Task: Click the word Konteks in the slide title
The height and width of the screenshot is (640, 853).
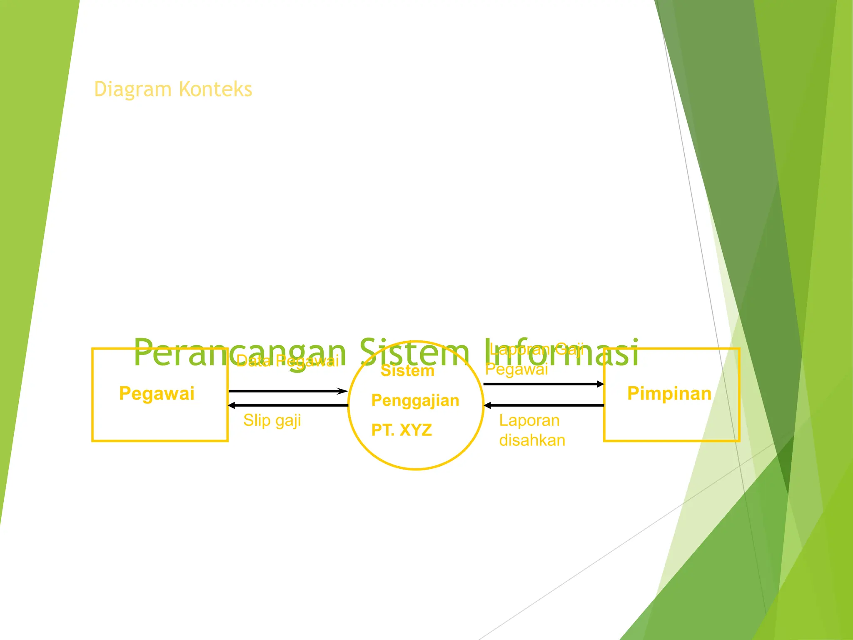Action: click(x=215, y=89)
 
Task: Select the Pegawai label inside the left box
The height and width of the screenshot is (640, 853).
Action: click(x=157, y=393)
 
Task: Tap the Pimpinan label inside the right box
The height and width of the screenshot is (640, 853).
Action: click(x=669, y=393)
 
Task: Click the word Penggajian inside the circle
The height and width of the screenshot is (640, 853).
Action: click(x=415, y=400)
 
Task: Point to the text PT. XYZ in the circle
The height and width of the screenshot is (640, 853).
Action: click(x=402, y=430)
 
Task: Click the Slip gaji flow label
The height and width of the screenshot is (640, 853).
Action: click(x=272, y=420)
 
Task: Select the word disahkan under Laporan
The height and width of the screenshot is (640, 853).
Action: click(x=532, y=440)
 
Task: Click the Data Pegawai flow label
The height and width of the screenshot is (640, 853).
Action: click(x=287, y=361)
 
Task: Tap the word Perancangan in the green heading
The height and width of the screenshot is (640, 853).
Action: click(x=239, y=352)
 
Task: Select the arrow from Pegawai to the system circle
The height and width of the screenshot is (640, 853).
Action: click(x=287, y=391)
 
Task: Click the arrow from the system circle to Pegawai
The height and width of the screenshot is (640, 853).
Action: click(x=287, y=405)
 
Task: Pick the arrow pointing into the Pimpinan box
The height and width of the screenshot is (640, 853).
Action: click(x=544, y=384)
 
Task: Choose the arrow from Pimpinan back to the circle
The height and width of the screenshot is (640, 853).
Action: click(x=544, y=405)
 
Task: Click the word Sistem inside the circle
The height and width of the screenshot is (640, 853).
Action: click(x=407, y=371)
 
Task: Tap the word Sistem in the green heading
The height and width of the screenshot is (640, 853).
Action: click(x=414, y=352)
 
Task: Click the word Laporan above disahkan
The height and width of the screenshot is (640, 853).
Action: click(x=529, y=420)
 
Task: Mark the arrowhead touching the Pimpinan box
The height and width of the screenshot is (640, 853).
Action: click(x=600, y=384)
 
